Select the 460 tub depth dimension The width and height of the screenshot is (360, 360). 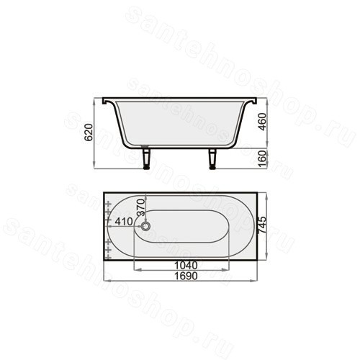tap(263, 122)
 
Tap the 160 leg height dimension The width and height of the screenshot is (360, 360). tap(263, 158)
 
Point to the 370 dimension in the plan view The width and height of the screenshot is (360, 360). tap(141, 207)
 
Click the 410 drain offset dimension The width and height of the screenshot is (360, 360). tap(124, 222)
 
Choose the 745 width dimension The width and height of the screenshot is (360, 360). tap(263, 225)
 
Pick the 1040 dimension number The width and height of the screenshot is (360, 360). tap(186, 266)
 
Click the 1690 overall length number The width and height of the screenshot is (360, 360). tap(186, 276)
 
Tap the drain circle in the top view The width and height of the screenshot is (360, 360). tap(145, 226)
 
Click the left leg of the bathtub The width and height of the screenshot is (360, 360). tap(145, 158)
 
